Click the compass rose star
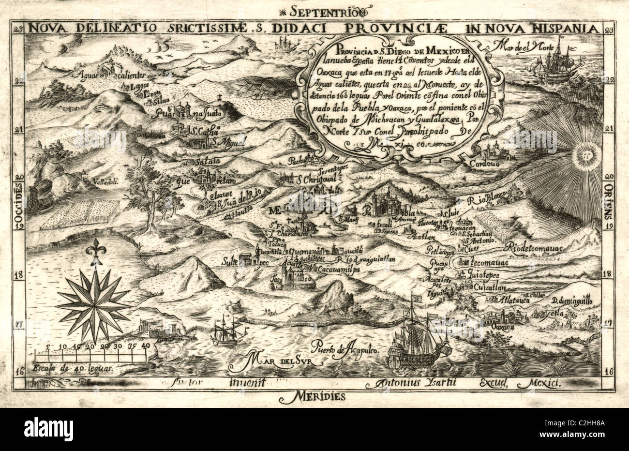click(x=93, y=305)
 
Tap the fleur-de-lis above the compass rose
click(x=93, y=253)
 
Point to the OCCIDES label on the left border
click(x=20, y=205)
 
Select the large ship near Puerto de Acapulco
click(x=419, y=341)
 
